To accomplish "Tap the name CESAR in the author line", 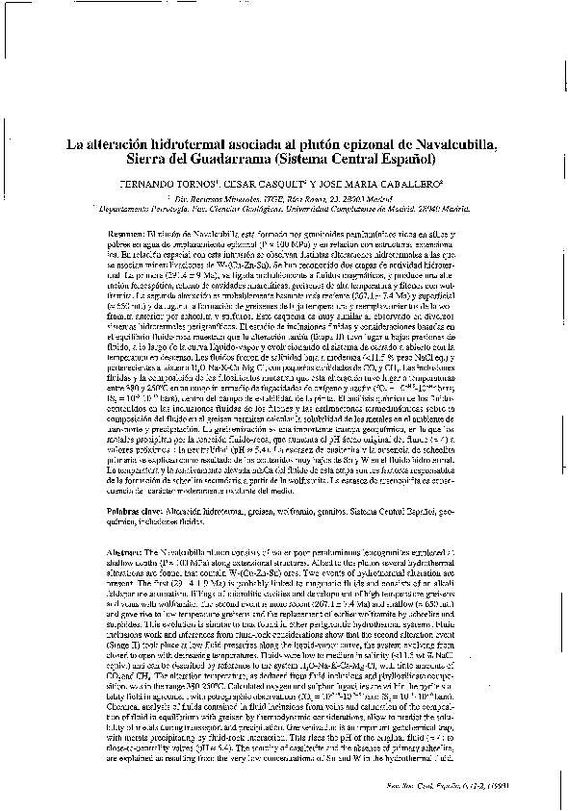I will coord(264,181).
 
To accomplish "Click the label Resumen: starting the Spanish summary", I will coord(127,234).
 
